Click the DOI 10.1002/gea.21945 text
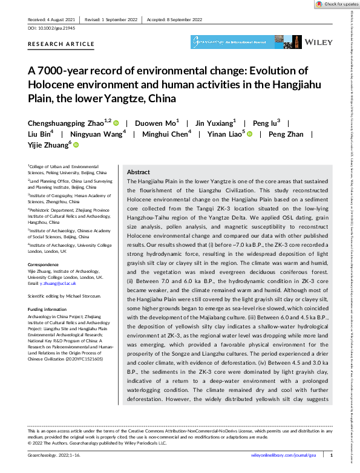click(52, 28)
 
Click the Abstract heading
click(138, 172)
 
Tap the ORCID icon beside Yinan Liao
click(249, 133)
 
